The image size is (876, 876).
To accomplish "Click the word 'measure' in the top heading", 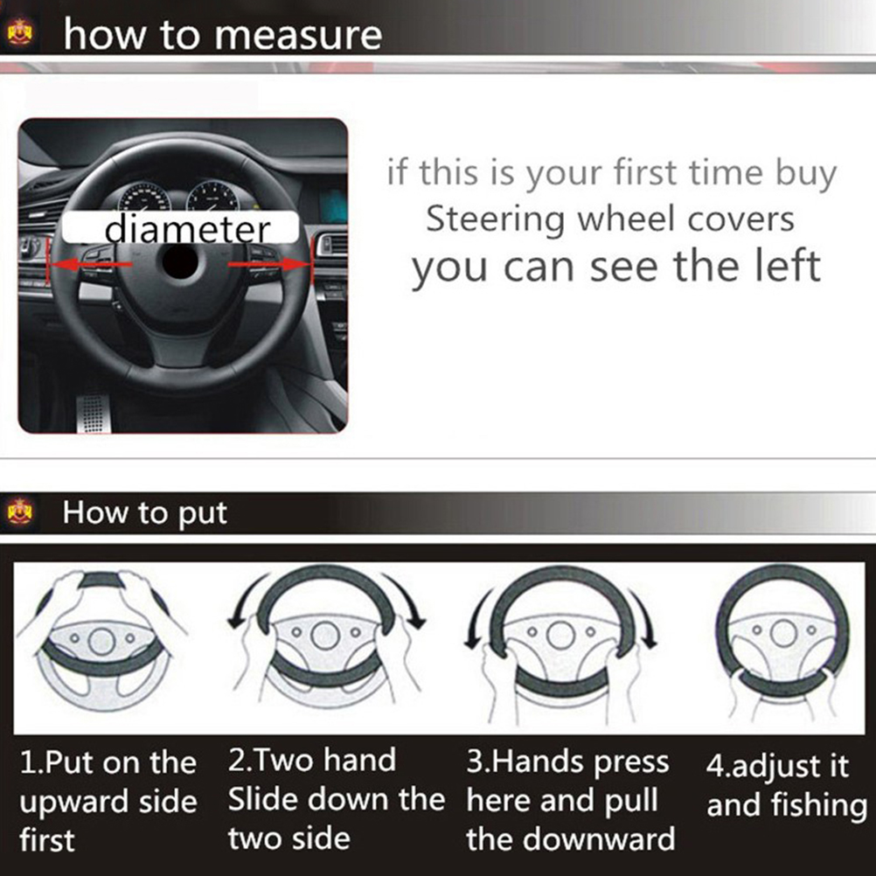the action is pos(298,35).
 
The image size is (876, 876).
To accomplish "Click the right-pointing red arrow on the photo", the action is pos(268,264).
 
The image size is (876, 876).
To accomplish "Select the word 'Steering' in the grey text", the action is pos(495,220).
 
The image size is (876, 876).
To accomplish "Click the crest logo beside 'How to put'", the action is pos(20,511).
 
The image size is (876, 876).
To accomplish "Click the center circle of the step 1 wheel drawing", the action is pos(101,641).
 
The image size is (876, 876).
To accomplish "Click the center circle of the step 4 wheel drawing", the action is pos(784,633).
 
